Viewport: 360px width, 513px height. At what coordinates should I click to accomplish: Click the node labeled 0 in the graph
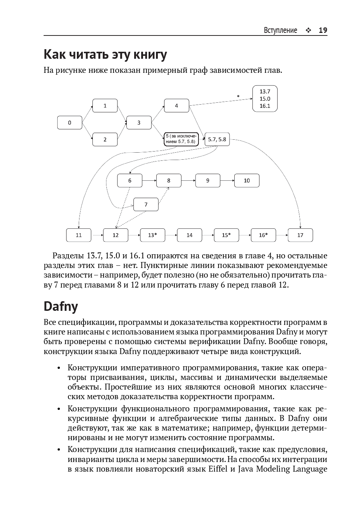click(69, 123)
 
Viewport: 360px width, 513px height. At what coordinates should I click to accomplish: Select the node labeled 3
click(139, 123)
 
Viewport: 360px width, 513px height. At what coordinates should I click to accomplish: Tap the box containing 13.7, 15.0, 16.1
click(265, 99)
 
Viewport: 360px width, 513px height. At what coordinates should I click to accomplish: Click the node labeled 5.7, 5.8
click(217, 139)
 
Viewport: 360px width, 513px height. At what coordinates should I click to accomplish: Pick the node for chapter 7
click(146, 204)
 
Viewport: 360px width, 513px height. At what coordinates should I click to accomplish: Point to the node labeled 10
click(247, 181)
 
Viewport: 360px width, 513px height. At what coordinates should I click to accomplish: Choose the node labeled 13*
click(152, 235)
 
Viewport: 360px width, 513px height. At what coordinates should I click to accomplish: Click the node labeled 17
click(300, 235)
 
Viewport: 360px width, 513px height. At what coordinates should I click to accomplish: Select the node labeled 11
click(79, 235)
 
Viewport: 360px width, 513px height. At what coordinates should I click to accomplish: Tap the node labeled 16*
click(263, 235)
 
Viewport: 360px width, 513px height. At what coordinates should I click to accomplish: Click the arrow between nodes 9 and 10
click(227, 181)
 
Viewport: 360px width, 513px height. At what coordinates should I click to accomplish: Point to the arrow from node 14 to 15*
click(208, 235)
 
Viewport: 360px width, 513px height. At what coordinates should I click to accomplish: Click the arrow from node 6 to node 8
click(149, 181)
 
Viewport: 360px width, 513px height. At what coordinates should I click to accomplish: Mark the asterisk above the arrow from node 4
click(238, 96)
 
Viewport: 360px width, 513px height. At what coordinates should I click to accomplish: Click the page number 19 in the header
click(323, 30)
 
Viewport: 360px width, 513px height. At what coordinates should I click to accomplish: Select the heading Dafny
click(61, 306)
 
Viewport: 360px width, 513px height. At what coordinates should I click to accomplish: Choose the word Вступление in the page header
click(280, 30)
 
